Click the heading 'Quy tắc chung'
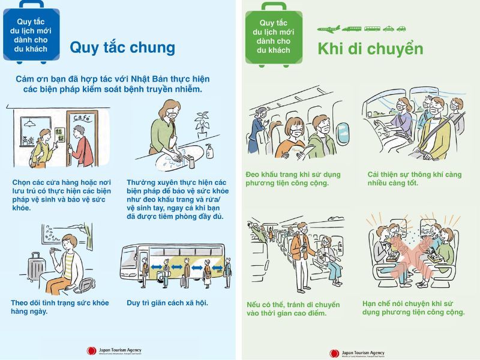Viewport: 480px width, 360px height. (x=122, y=47)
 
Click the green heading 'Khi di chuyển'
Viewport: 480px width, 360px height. (x=370, y=49)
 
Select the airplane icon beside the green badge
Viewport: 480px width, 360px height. (x=328, y=28)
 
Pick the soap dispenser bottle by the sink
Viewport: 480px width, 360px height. (x=209, y=152)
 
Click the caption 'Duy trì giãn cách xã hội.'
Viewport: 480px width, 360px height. (x=167, y=302)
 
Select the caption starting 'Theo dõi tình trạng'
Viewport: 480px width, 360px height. (x=59, y=307)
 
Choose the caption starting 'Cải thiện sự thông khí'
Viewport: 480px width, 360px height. (x=415, y=178)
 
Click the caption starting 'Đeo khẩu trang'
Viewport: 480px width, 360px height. (x=293, y=178)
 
